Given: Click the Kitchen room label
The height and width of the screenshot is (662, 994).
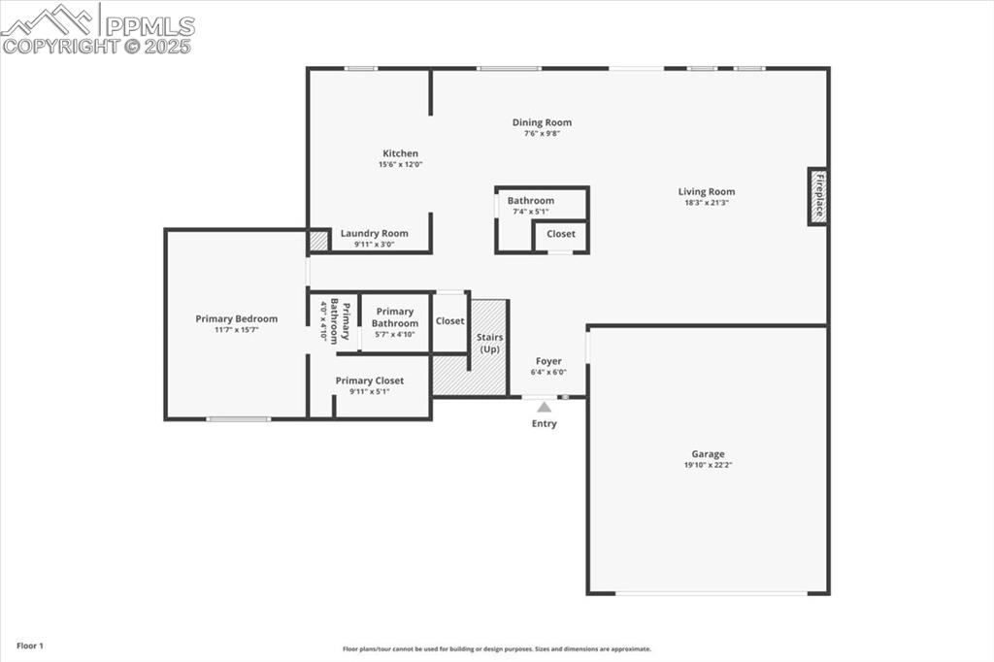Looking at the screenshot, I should pos(400,153).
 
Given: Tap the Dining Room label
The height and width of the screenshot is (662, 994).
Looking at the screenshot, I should pos(542,122).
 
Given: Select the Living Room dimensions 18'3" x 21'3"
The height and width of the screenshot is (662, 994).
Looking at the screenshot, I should pos(707,203).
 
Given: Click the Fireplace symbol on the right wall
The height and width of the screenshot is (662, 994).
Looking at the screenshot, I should pos(818,196).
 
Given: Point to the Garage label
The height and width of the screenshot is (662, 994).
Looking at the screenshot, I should pos(708,453).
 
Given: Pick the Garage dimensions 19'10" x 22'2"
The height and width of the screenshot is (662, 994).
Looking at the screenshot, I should pos(708,465).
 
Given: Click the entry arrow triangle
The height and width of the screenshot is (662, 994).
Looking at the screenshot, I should pos(545,408).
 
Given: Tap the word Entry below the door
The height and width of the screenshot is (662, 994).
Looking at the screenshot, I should pos(545,423).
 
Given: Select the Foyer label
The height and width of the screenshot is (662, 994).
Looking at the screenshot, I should pos(548,361).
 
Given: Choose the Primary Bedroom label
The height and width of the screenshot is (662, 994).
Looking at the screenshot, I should pos(236,318).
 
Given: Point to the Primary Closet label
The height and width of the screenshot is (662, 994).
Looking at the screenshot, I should pos(369,381).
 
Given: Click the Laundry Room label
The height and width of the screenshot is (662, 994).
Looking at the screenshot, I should pos(374,233).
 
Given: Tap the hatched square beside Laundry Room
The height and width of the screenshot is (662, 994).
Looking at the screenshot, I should pos(318,241).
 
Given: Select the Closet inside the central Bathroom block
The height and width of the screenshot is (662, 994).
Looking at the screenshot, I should pos(560,234).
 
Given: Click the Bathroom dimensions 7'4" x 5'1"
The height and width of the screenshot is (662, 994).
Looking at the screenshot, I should pos(530,212).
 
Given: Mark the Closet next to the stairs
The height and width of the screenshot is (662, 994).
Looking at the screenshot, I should pos(449,321).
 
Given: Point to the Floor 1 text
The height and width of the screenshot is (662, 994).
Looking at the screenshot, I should pos(30,645).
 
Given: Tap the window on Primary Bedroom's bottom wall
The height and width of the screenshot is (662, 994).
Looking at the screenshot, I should pos(239,419).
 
